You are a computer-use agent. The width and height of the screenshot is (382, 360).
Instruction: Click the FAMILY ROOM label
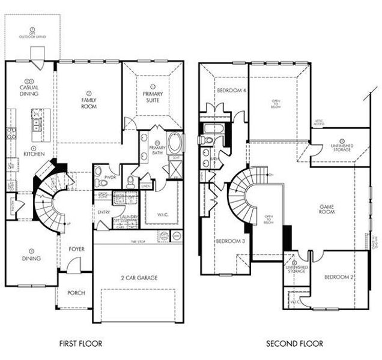click(x=88, y=102)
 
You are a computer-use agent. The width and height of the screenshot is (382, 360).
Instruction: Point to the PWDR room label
click(x=110, y=178)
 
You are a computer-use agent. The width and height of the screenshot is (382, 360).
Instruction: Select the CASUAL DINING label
click(x=28, y=91)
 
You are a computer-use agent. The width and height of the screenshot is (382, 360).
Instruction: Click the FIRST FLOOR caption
click(x=81, y=344)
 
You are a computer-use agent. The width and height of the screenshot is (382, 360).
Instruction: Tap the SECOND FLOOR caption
click(x=294, y=344)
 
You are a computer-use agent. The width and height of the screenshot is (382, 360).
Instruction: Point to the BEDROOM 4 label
click(x=231, y=91)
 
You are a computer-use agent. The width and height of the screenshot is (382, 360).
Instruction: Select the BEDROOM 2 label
click(x=336, y=277)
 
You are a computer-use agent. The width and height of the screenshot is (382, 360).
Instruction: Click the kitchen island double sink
click(x=37, y=125)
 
